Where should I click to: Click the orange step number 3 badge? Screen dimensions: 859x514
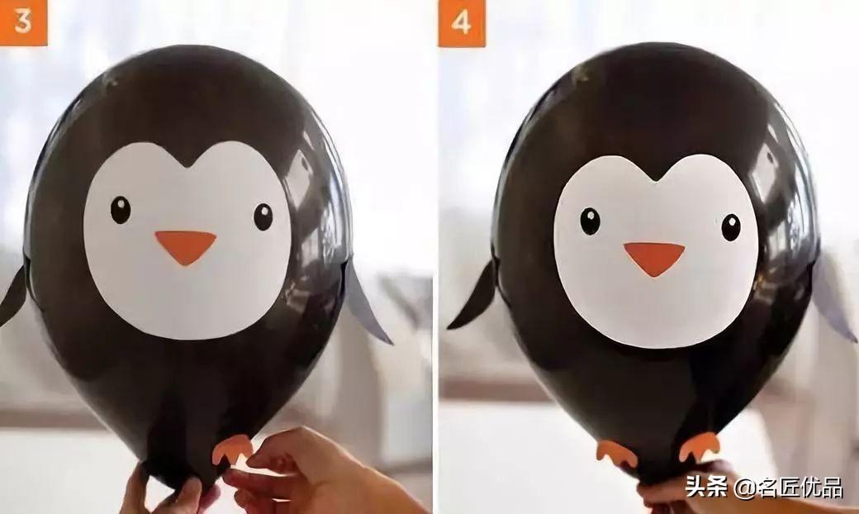pos(23,22)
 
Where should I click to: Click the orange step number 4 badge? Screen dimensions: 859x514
pos(461,23)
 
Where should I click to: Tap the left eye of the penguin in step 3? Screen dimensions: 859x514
pos(121,210)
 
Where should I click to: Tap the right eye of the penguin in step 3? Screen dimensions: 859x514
pos(263,217)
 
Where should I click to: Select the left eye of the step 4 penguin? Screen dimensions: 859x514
pos(590,221)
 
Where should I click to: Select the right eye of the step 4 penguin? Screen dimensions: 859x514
pos(731,227)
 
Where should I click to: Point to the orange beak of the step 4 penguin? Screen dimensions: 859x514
pos(654,258)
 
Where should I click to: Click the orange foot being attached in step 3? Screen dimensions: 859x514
pos(232,448)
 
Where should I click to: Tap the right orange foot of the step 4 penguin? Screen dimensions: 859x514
pos(699,446)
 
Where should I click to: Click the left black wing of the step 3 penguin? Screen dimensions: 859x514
pos(13,296)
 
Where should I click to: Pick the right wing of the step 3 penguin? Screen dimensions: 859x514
pos(366,302)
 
